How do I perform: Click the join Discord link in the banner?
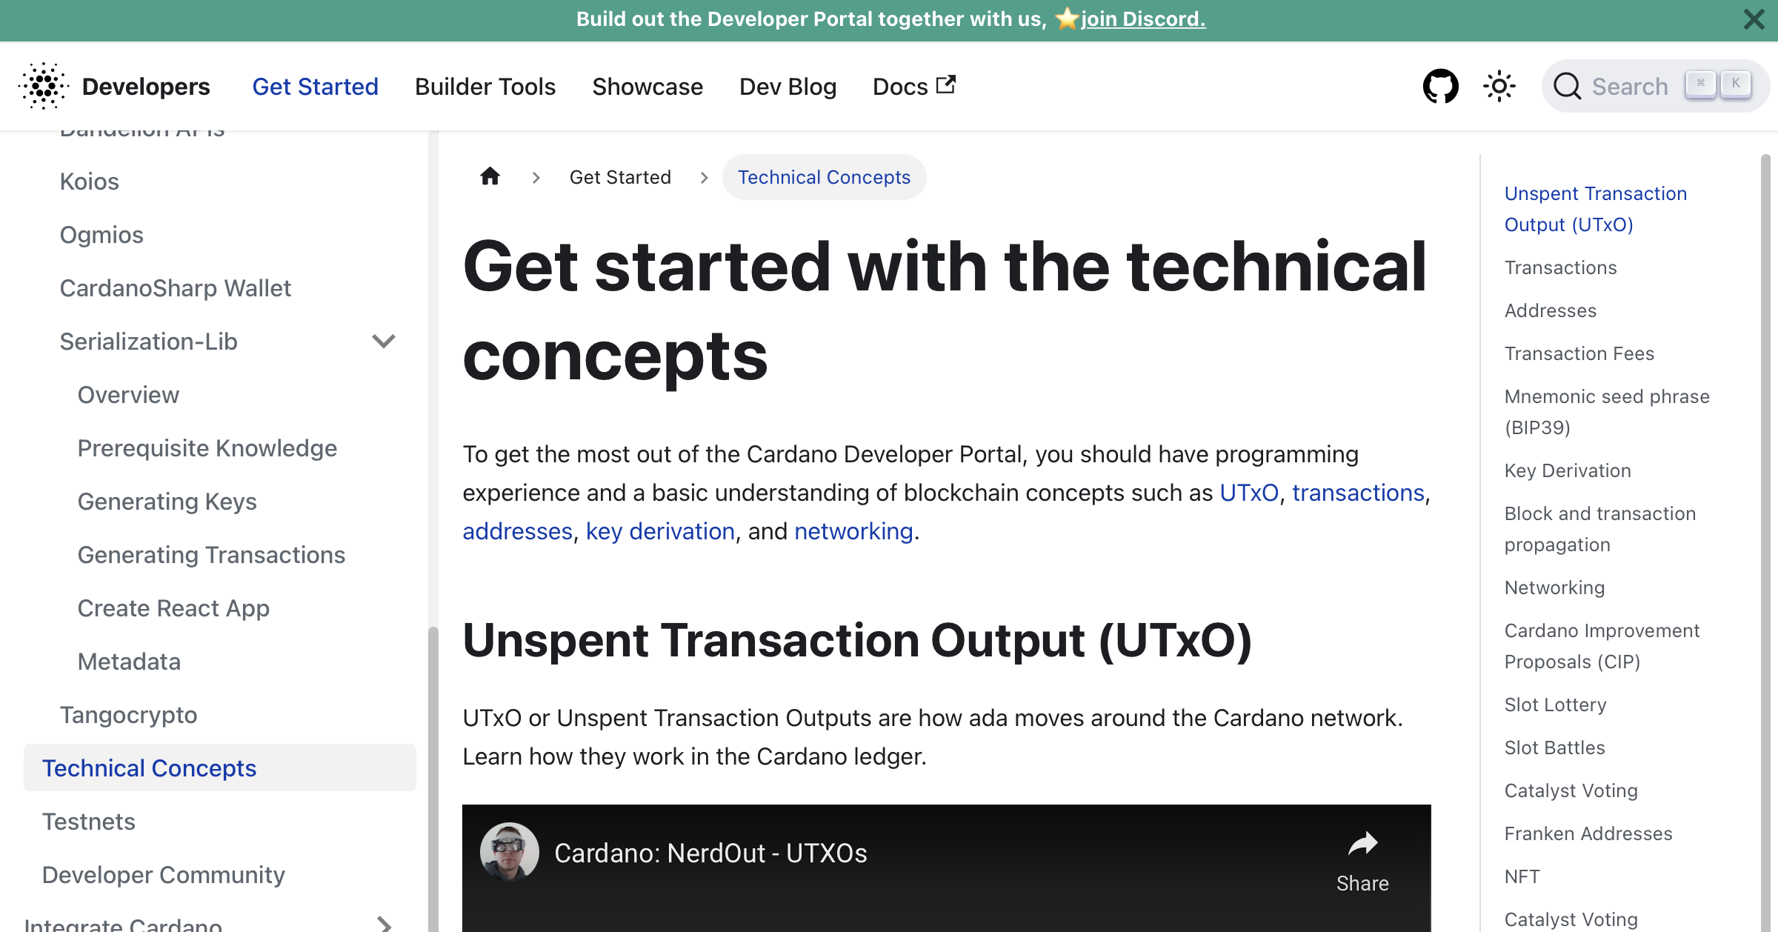1142,19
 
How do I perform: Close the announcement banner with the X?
1754,19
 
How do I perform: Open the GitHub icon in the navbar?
1440,87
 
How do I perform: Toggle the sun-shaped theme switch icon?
1499,87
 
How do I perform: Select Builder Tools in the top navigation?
485,87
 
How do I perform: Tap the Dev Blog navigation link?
788,87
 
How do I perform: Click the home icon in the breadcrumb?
490,176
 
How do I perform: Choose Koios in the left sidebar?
89,182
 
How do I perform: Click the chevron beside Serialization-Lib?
383,342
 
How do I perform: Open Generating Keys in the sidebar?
167,502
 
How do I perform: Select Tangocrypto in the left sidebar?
128,715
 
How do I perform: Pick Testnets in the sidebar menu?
88,822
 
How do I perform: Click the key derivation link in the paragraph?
659,531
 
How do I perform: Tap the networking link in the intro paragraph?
853,531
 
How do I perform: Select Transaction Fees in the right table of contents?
1579,353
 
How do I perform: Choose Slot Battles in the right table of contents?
1554,748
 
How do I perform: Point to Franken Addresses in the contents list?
1588,833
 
